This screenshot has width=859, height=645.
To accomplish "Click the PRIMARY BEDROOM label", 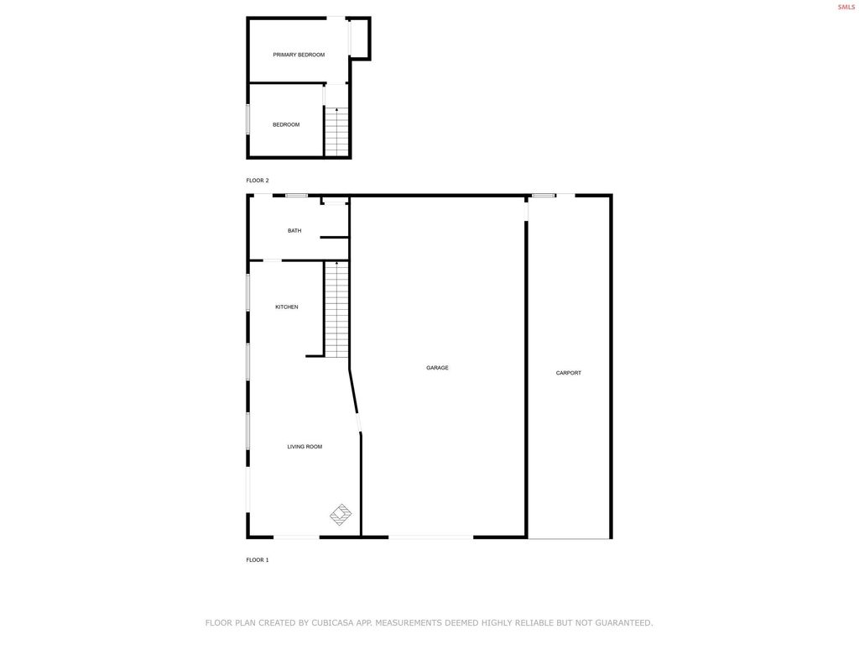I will pos(299,55).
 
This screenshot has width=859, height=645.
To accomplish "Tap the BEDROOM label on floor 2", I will pos(286,125).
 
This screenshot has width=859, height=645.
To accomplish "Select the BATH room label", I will pos(294,231).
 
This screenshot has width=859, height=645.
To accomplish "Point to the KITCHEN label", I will pos(287,307).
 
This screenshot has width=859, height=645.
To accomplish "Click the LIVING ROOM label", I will pos(305,447).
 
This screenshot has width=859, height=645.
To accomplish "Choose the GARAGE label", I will pos(437,368).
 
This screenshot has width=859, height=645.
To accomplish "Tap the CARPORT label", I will pos(569,373).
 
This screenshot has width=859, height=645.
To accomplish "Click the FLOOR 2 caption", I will pos(258,181).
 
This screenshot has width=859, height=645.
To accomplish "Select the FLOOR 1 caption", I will pos(258,559).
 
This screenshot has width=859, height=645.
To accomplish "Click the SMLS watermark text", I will pos(846,7).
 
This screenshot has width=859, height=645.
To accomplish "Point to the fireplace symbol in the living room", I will pos(341,514).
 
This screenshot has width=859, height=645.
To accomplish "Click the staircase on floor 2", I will pos(337,133).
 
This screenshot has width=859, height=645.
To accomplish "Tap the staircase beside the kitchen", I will pos(337,309).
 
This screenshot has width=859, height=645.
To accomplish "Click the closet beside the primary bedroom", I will pos(359,38).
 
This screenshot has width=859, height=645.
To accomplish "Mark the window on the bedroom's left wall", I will pos(248,118).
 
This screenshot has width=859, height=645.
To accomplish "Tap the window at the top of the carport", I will pos(544,196).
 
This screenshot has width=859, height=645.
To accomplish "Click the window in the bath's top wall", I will pos(296,196).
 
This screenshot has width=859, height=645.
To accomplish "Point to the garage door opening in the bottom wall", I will pos(430,537).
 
